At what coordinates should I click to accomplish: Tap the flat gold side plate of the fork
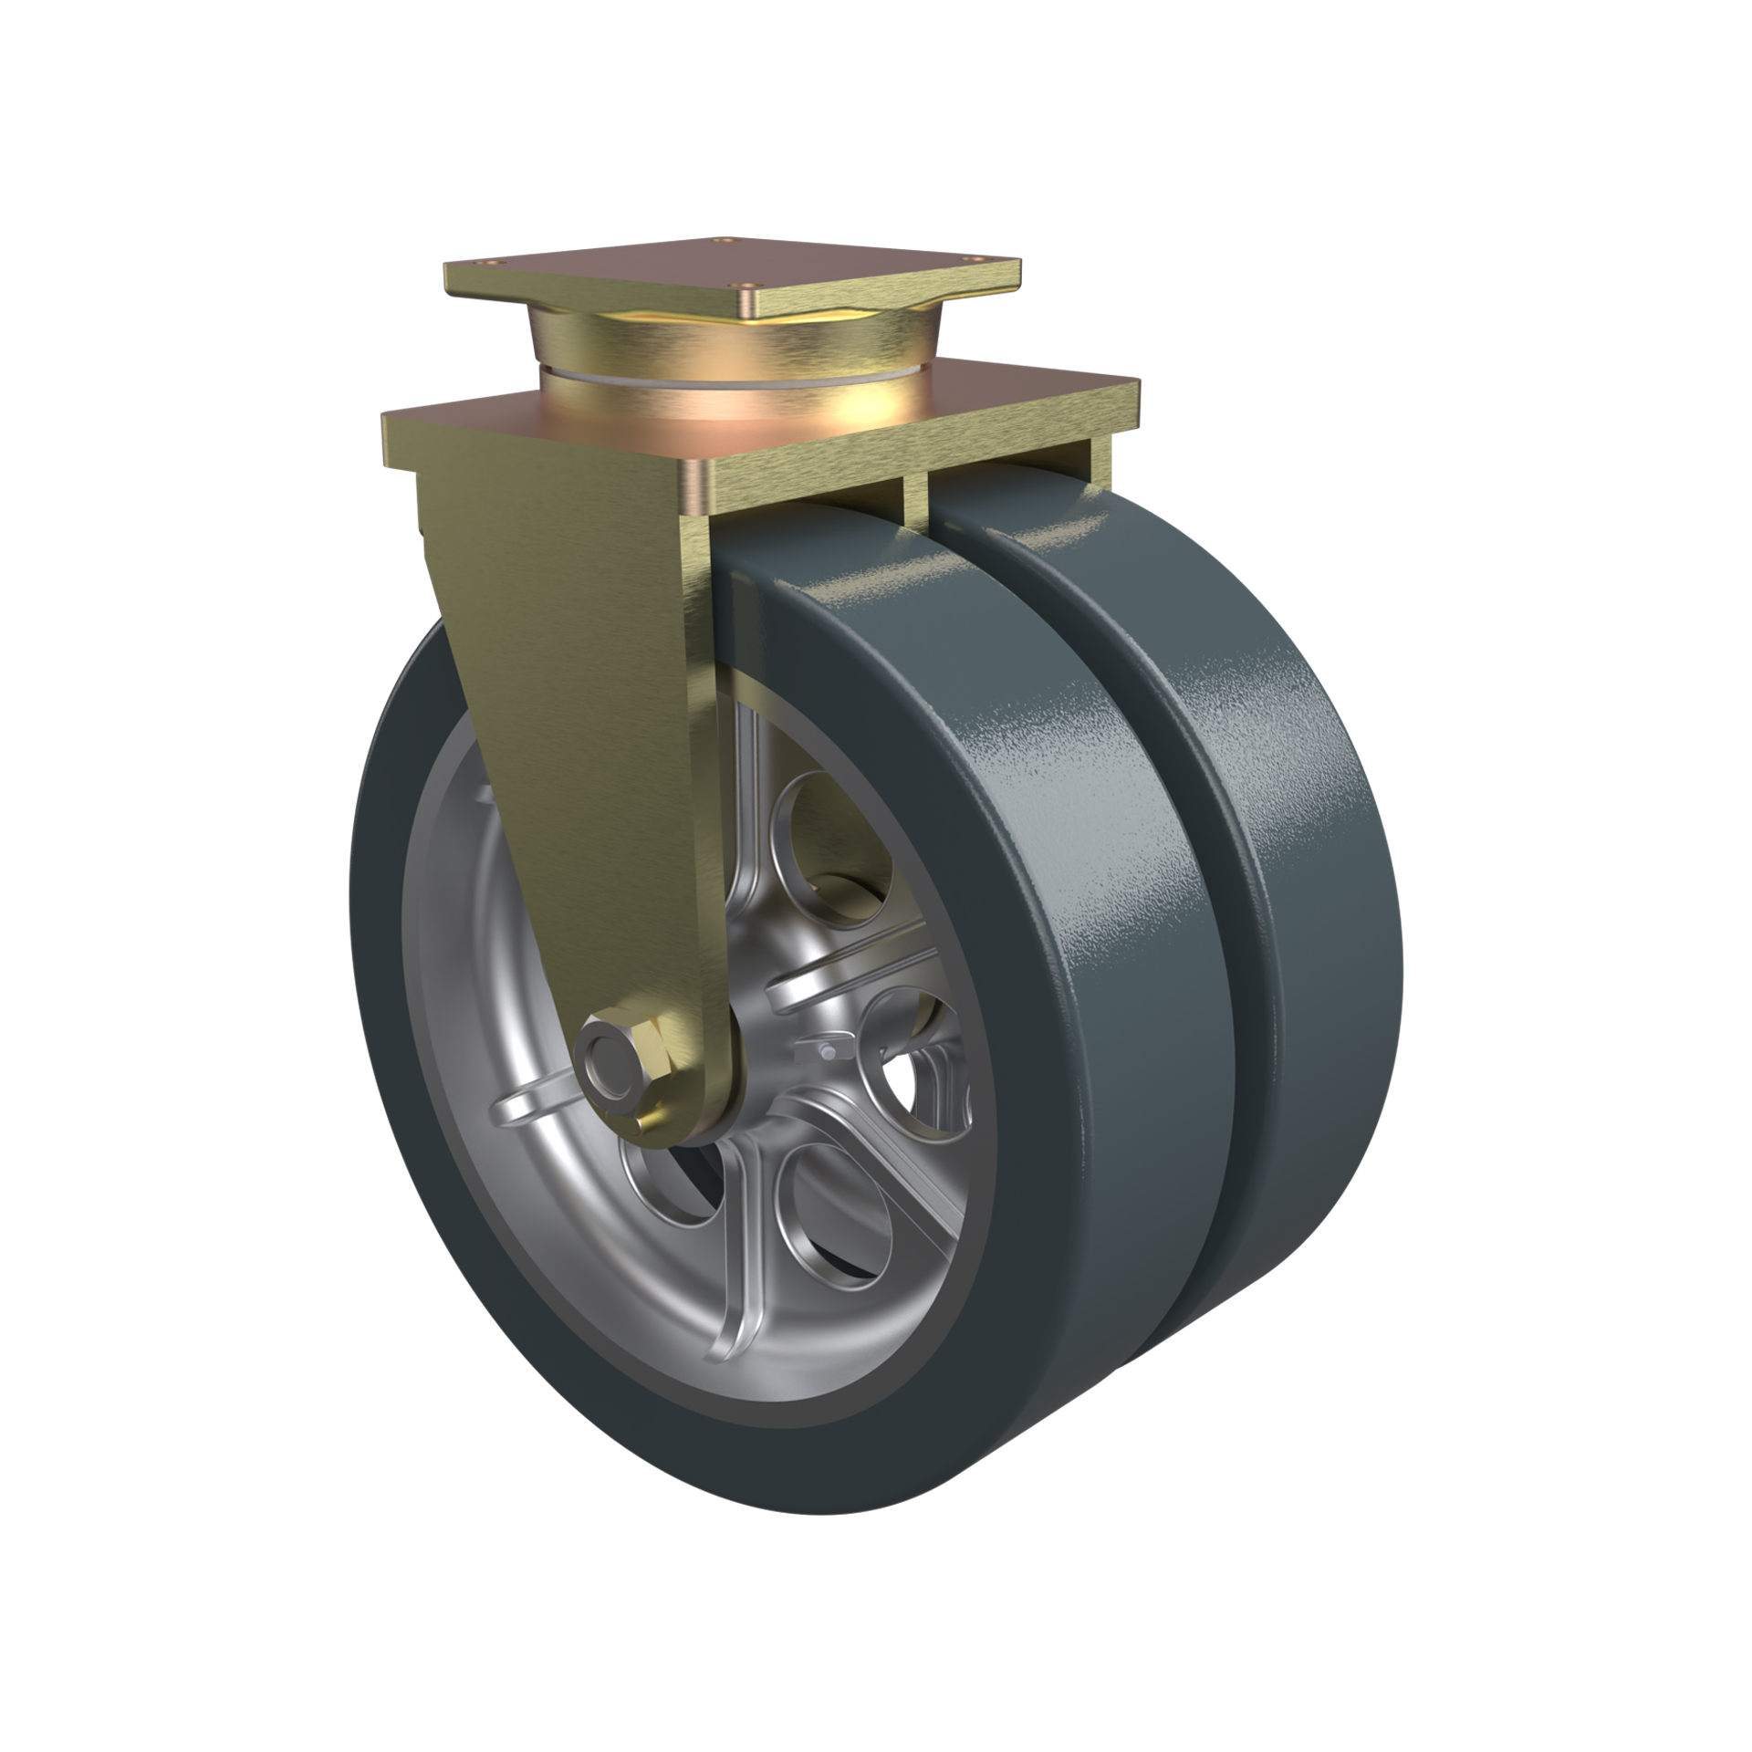coord(593,730)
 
